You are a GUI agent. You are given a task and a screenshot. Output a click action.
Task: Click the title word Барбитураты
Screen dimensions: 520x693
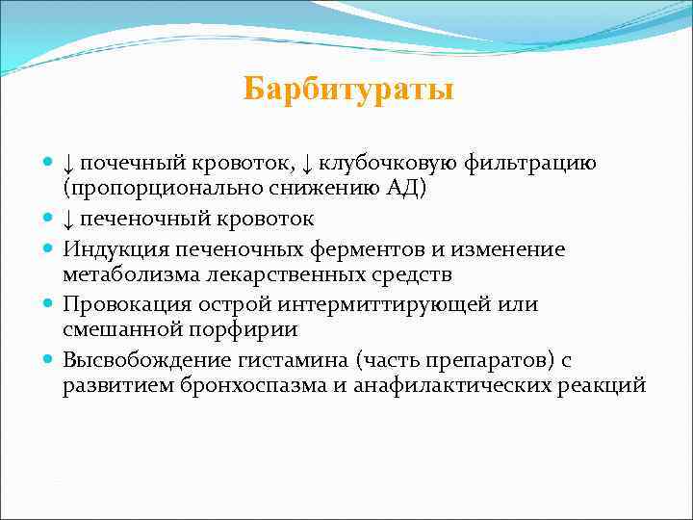click(347, 90)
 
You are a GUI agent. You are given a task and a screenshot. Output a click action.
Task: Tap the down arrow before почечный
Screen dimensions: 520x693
click(70, 164)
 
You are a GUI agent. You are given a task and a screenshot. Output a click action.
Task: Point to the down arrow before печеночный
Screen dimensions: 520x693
click(70, 220)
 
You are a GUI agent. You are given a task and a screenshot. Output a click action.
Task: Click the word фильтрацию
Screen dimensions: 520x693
click(544, 163)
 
